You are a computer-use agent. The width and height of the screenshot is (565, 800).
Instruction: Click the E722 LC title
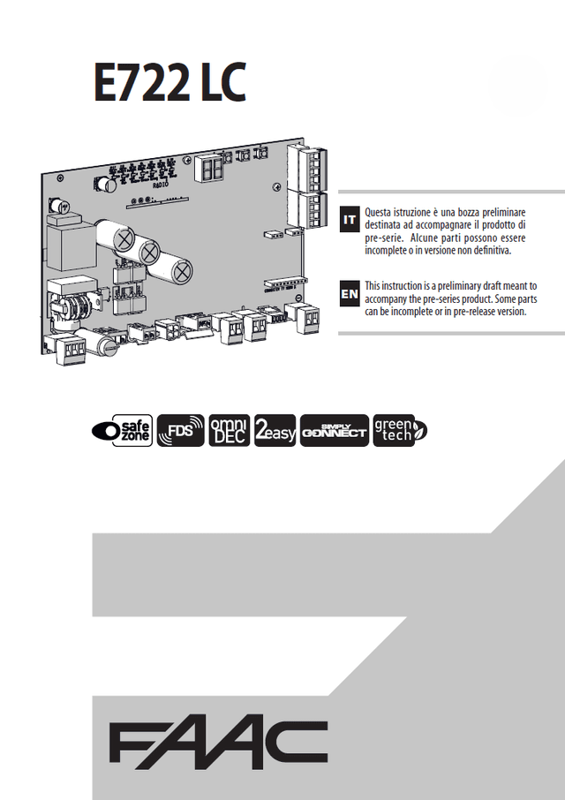coord(169,83)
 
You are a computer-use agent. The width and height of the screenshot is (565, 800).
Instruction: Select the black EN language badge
coord(350,292)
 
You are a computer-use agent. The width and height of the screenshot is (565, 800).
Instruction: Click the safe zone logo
coord(122,430)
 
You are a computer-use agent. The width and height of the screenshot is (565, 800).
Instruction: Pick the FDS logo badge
coord(181,430)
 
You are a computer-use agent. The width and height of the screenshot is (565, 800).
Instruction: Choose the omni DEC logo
coord(229,430)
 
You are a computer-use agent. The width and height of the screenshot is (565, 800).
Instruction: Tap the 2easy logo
coord(275,430)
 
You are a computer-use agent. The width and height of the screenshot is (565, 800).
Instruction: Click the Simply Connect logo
coord(334,430)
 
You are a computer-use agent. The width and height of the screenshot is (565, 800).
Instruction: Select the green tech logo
coord(400,430)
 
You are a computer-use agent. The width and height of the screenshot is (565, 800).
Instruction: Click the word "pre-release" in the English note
coord(469,312)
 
